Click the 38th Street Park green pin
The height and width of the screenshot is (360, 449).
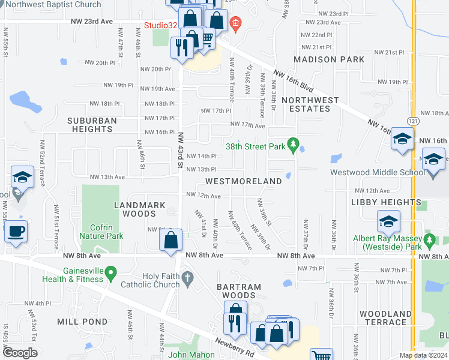pyautogui.click(x=293, y=145)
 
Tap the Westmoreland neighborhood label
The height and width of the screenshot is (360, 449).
pyautogui.click(x=244, y=181)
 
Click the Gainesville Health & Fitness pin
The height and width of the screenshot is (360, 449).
pyautogui.click(x=110, y=274)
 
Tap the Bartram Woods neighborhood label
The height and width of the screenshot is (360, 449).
pyautogui.click(x=239, y=292)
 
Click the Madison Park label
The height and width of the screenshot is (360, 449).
pyautogui.click(x=329, y=59)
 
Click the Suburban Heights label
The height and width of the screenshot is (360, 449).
pyautogui.click(x=92, y=124)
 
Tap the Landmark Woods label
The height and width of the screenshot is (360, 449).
pyautogui.click(x=139, y=209)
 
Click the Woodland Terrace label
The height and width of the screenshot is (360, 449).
pyautogui.click(x=385, y=318)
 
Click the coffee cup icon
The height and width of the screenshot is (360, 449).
pyautogui.click(x=16, y=232)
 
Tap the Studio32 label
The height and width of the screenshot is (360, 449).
pyautogui.click(x=160, y=25)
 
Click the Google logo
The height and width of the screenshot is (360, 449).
pyautogui.click(x=20, y=353)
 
